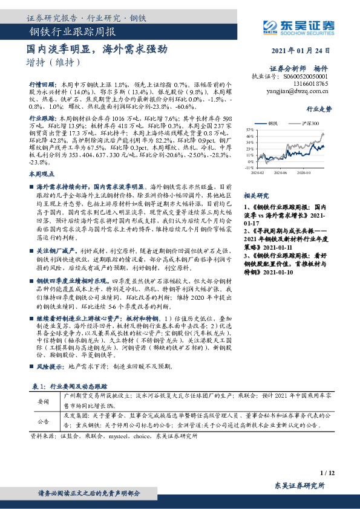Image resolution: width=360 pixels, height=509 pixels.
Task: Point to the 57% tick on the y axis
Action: [x=249, y=130]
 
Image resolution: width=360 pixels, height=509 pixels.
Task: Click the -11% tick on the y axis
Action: [x=248, y=167]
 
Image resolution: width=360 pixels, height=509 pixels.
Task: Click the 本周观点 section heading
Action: [x=41, y=173]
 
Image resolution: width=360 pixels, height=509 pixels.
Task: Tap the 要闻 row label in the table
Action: [x=43, y=400]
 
